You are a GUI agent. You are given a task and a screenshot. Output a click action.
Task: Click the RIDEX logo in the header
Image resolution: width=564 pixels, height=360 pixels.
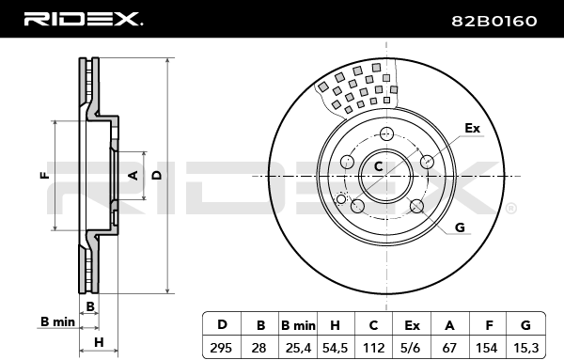coord(84,20)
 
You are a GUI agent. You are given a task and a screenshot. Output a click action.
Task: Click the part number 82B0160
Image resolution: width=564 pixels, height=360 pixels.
coord(494,22)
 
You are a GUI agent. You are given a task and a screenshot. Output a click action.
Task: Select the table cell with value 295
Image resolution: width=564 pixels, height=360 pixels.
coord(221,348)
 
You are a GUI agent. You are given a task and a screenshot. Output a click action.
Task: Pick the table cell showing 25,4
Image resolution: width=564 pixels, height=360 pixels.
coord(298,348)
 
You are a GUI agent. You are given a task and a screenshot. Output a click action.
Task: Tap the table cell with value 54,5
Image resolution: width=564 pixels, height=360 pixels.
coord(336,348)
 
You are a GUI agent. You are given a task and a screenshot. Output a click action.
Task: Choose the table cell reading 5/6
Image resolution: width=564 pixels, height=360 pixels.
coord(412,348)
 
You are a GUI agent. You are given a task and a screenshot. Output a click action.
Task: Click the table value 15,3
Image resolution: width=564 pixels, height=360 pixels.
coord(525,348)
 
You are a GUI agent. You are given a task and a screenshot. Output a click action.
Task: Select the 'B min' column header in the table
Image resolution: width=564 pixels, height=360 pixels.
coord(298,325)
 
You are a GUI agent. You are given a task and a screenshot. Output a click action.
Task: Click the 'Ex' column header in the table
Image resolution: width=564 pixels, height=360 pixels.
coord(412,325)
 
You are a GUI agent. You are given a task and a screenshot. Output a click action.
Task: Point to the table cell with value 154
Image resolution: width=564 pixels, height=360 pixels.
coord(487,348)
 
